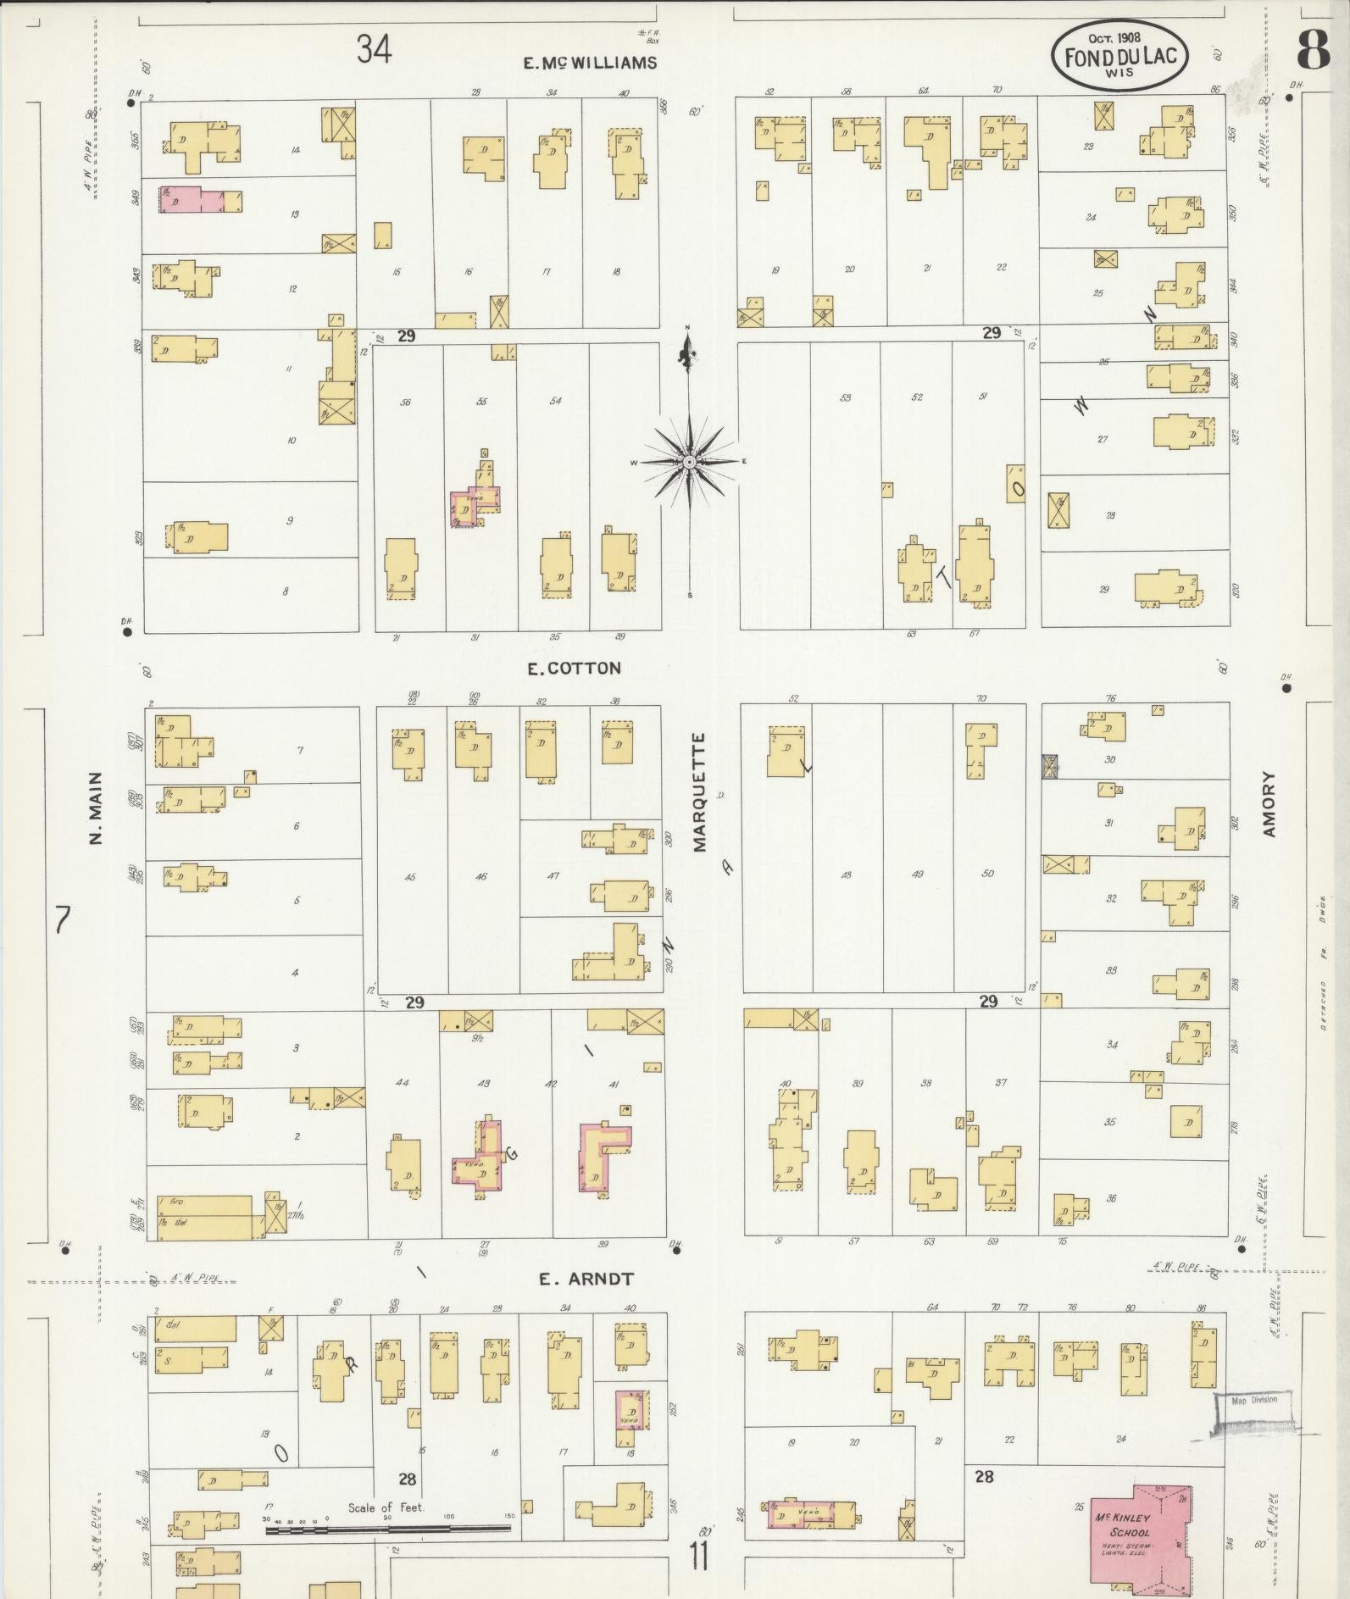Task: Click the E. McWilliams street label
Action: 590,63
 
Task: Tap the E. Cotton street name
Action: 574,669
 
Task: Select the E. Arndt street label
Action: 586,1279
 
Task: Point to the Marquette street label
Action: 699,792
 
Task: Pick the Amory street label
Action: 1269,804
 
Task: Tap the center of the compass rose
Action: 690,462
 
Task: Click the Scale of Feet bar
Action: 389,1530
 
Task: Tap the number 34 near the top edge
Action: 374,49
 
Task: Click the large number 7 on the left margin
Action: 60,919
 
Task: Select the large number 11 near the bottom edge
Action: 698,1557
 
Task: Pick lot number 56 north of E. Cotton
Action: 406,402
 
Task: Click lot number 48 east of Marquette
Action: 846,874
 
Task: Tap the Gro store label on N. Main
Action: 176,1202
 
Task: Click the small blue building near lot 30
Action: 1049,766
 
